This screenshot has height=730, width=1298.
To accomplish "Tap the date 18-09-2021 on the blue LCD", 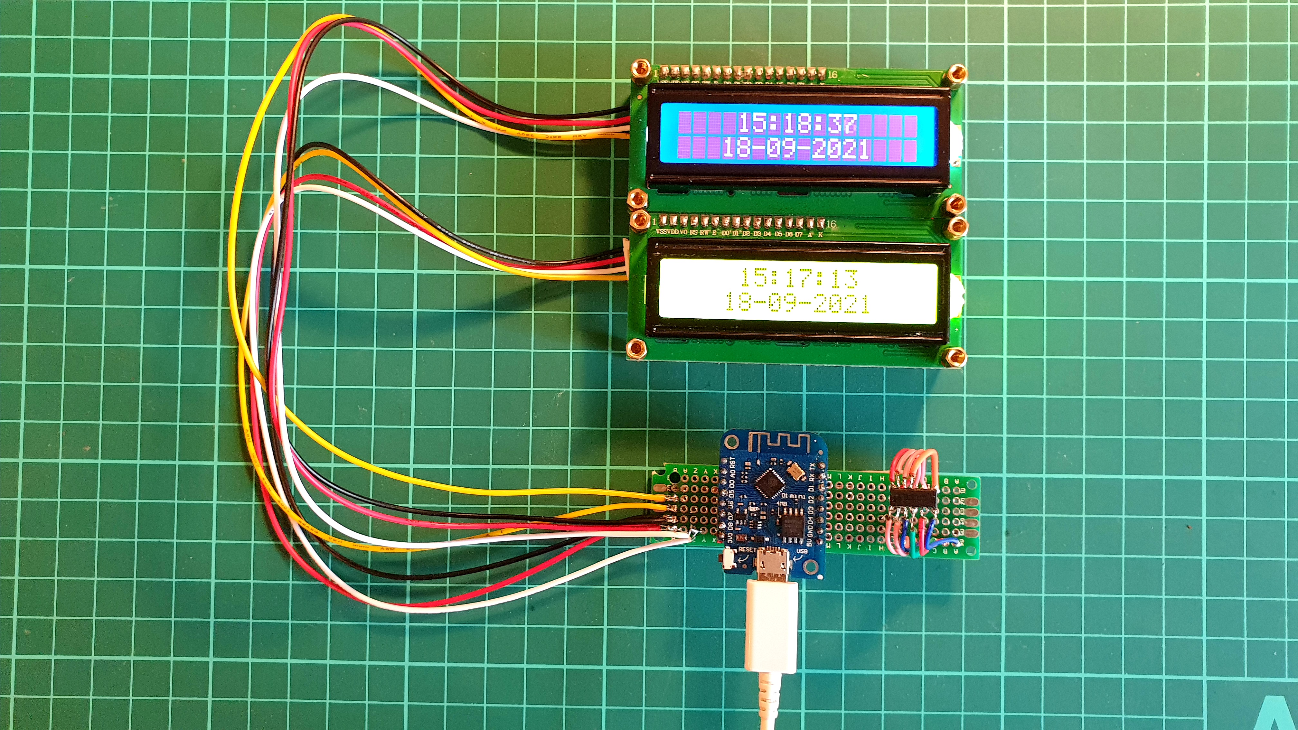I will tap(796, 149).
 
